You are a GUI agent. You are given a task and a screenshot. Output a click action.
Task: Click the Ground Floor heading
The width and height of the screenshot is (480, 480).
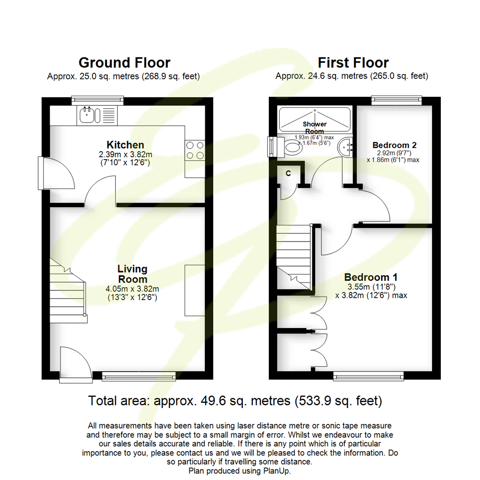pos(124,63)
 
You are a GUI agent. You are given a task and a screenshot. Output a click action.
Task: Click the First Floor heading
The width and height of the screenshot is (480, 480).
pos(353,63)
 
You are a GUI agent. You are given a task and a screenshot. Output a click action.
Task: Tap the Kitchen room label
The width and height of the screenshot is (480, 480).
pos(125,145)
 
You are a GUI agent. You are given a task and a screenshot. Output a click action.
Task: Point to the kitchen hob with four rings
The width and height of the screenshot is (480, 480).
pos(195,150)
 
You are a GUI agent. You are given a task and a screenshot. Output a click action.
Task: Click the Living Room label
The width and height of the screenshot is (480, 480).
pos(132,274)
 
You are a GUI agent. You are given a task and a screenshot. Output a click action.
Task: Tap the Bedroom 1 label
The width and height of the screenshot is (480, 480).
pos(371,276)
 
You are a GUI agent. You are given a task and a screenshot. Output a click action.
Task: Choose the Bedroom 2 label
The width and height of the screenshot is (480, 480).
pos(394,145)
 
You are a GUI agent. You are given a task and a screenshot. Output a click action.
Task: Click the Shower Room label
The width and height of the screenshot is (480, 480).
pos(315,127)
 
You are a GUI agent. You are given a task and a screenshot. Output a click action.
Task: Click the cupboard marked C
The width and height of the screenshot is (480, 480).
pos(288,174)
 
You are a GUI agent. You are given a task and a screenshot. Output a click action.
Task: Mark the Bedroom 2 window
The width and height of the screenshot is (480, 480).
pos(396,100)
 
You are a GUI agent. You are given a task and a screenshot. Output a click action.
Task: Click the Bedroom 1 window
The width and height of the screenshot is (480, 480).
pos(368,377)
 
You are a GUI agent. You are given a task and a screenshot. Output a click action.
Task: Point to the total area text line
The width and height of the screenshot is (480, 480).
pos(235,401)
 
